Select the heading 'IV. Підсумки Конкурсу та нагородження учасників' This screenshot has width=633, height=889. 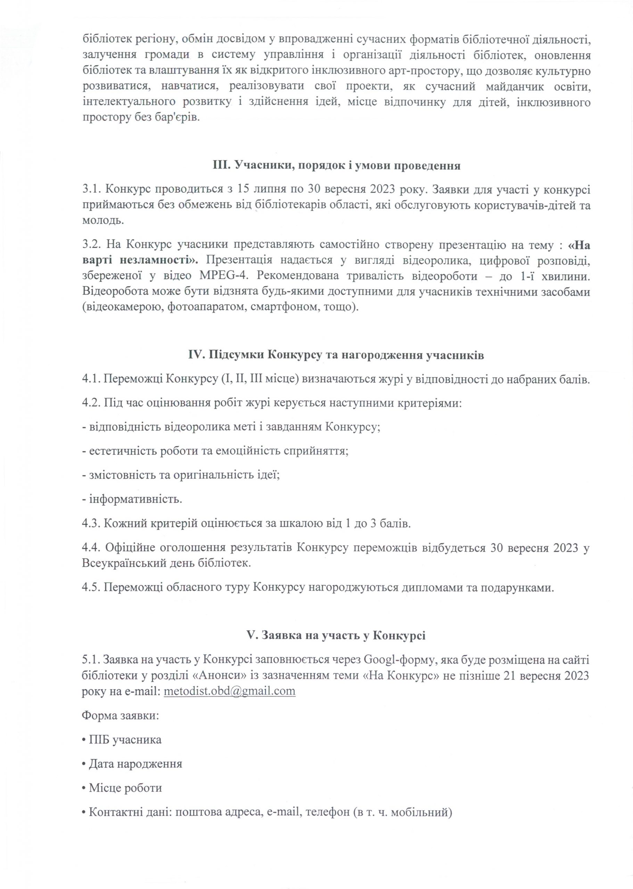point(336,355)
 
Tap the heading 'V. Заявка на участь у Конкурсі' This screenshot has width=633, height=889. point(336,635)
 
